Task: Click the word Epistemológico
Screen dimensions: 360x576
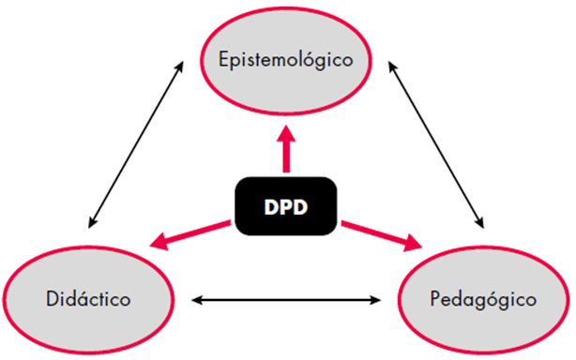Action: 286,60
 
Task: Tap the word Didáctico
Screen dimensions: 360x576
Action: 86,300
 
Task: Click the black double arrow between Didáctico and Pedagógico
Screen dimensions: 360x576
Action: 287,301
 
